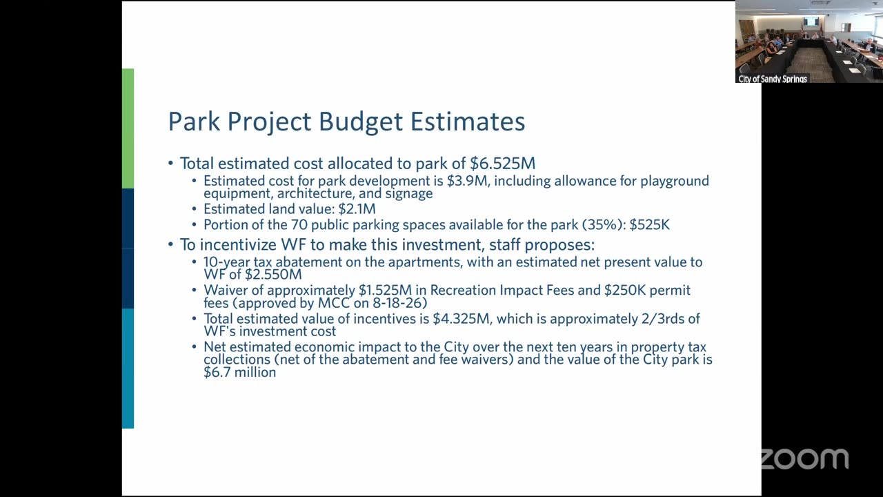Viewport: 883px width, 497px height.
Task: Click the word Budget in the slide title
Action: pyautogui.click(x=360, y=121)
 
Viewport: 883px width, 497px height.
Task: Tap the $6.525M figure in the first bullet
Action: pyautogui.click(x=503, y=164)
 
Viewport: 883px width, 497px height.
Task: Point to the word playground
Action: pyautogui.click(x=675, y=182)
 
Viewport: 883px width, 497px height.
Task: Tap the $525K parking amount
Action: pyautogui.click(x=649, y=225)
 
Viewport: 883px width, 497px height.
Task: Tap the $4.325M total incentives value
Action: pyautogui.click(x=462, y=319)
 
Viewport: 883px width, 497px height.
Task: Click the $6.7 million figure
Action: pyautogui.click(x=239, y=372)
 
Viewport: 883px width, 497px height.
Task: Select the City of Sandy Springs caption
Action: pyautogui.click(x=773, y=79)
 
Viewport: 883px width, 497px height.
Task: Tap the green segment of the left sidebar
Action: pyautogui.click(x=128, y=128)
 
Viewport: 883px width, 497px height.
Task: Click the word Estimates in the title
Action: pyautogui.click(x=468, y=121)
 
